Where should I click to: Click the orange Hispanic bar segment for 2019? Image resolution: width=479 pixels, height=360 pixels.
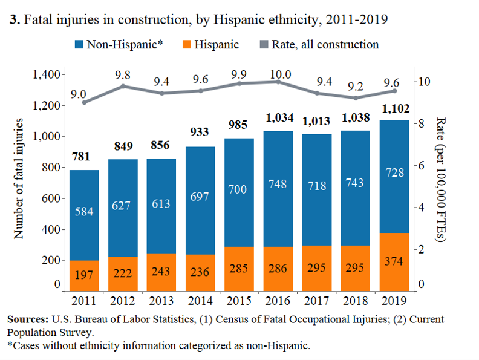coord(394,261)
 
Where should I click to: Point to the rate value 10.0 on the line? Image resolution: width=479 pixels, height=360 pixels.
coord(280,74)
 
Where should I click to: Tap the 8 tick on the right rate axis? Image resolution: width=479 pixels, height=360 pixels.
coord(421,123)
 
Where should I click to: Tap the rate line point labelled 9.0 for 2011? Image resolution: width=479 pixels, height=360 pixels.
coord(84,102)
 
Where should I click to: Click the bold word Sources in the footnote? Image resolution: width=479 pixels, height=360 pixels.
coord(28,319)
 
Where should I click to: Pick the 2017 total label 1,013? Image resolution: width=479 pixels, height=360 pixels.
coord(317,121)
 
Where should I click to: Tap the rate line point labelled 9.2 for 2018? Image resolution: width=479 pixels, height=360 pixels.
coord(356,98)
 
